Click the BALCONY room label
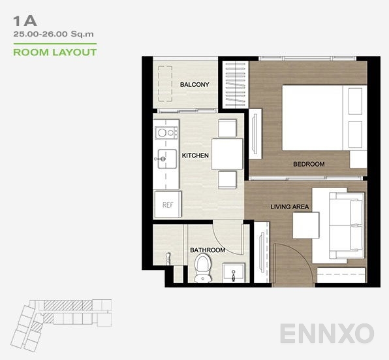(194, 85)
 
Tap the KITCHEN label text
(195, 155)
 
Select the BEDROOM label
(309, 164)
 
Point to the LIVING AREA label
(290, 207)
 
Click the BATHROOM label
(208, 250)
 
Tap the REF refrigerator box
(167, 205)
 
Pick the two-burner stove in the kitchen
(166, 133)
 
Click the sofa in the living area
(338, 225)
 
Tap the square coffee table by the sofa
(305, 225)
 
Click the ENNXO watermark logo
(327, 333)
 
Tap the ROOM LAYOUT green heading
(55, 52)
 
